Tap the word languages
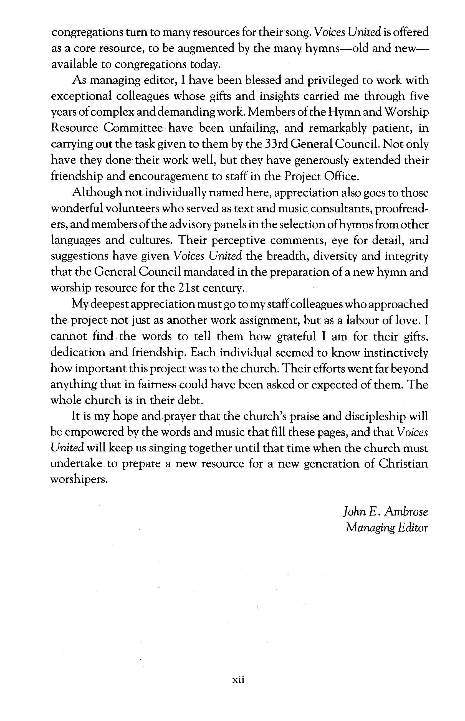pyautogui.click(x=75, y=240)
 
